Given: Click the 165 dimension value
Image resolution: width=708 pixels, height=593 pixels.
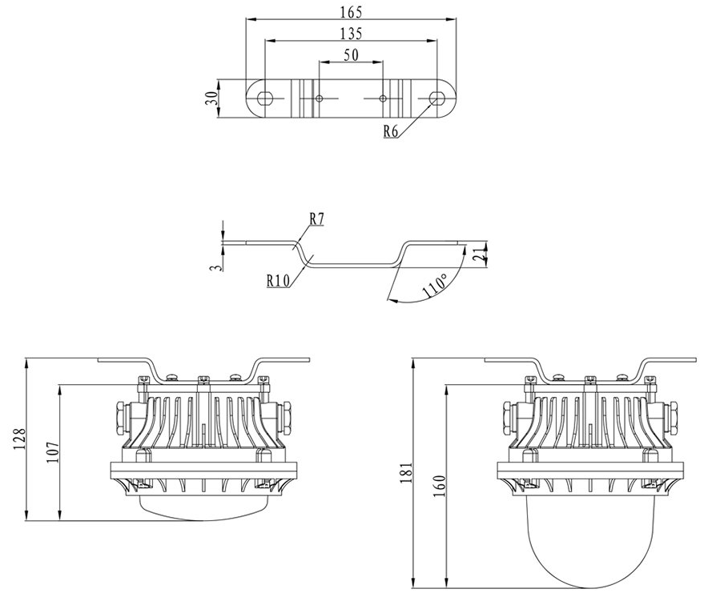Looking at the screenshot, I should (x=351, y=12).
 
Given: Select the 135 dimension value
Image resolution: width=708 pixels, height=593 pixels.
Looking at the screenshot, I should (x=351, y=33).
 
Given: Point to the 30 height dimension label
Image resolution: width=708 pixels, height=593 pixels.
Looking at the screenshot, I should (x=211, y=99).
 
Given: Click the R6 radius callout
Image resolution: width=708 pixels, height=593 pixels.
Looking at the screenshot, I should (x=391, y=132).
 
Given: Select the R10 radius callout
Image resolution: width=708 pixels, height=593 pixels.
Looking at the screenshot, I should (x=279, y=280).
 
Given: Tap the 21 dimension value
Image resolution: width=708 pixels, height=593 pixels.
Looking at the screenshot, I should (x=478, y=255).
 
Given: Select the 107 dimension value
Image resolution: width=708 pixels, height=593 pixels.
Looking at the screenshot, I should (x=53, y=454).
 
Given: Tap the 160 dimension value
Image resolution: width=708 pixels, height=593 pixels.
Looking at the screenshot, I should (x=439, y=486).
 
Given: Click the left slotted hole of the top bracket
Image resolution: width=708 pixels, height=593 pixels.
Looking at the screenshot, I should (x=263, y=98).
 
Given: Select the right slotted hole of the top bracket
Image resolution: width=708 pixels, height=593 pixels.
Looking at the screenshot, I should (x=436, y=98).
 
